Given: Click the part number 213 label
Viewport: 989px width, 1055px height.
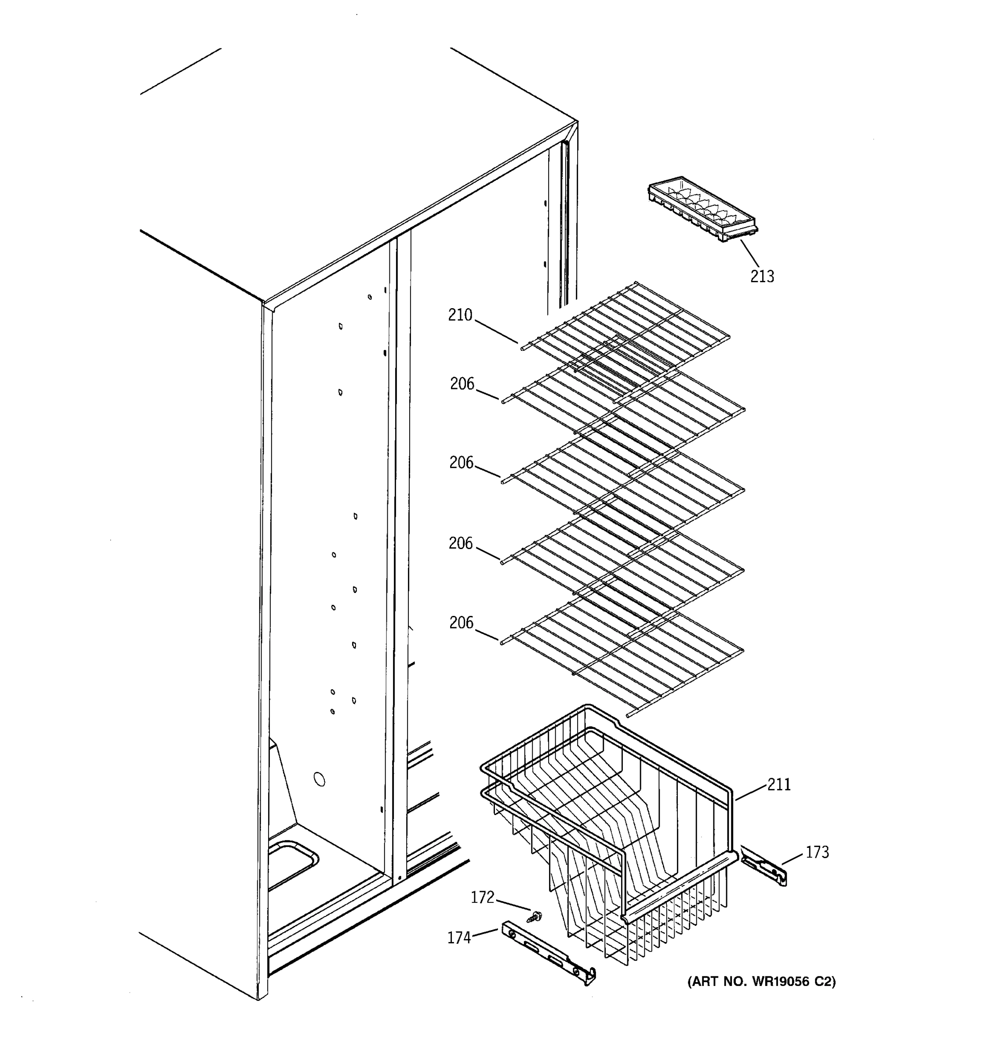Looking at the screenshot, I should tap(762, 276).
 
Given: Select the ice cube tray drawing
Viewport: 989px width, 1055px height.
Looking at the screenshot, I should tap(702, 210).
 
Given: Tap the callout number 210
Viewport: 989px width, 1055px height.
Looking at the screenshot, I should tap(460, 315).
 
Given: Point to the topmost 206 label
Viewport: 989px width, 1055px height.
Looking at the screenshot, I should tap(462, 384).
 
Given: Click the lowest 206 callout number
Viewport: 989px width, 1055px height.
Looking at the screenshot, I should tap(461, 622).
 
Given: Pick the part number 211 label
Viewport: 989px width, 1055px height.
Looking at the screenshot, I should tap(779, 784).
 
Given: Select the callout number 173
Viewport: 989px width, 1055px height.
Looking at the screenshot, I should tap(817, 852).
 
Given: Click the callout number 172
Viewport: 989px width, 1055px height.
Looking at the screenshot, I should tap(482, 897).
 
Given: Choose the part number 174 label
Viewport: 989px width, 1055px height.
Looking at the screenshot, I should tap(459, 938).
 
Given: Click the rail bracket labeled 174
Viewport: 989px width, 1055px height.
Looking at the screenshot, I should tap(548, 953).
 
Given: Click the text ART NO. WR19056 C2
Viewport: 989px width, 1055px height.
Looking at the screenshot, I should tap(761, 982).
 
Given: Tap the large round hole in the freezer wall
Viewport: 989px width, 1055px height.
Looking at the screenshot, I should tap(320, 779).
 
